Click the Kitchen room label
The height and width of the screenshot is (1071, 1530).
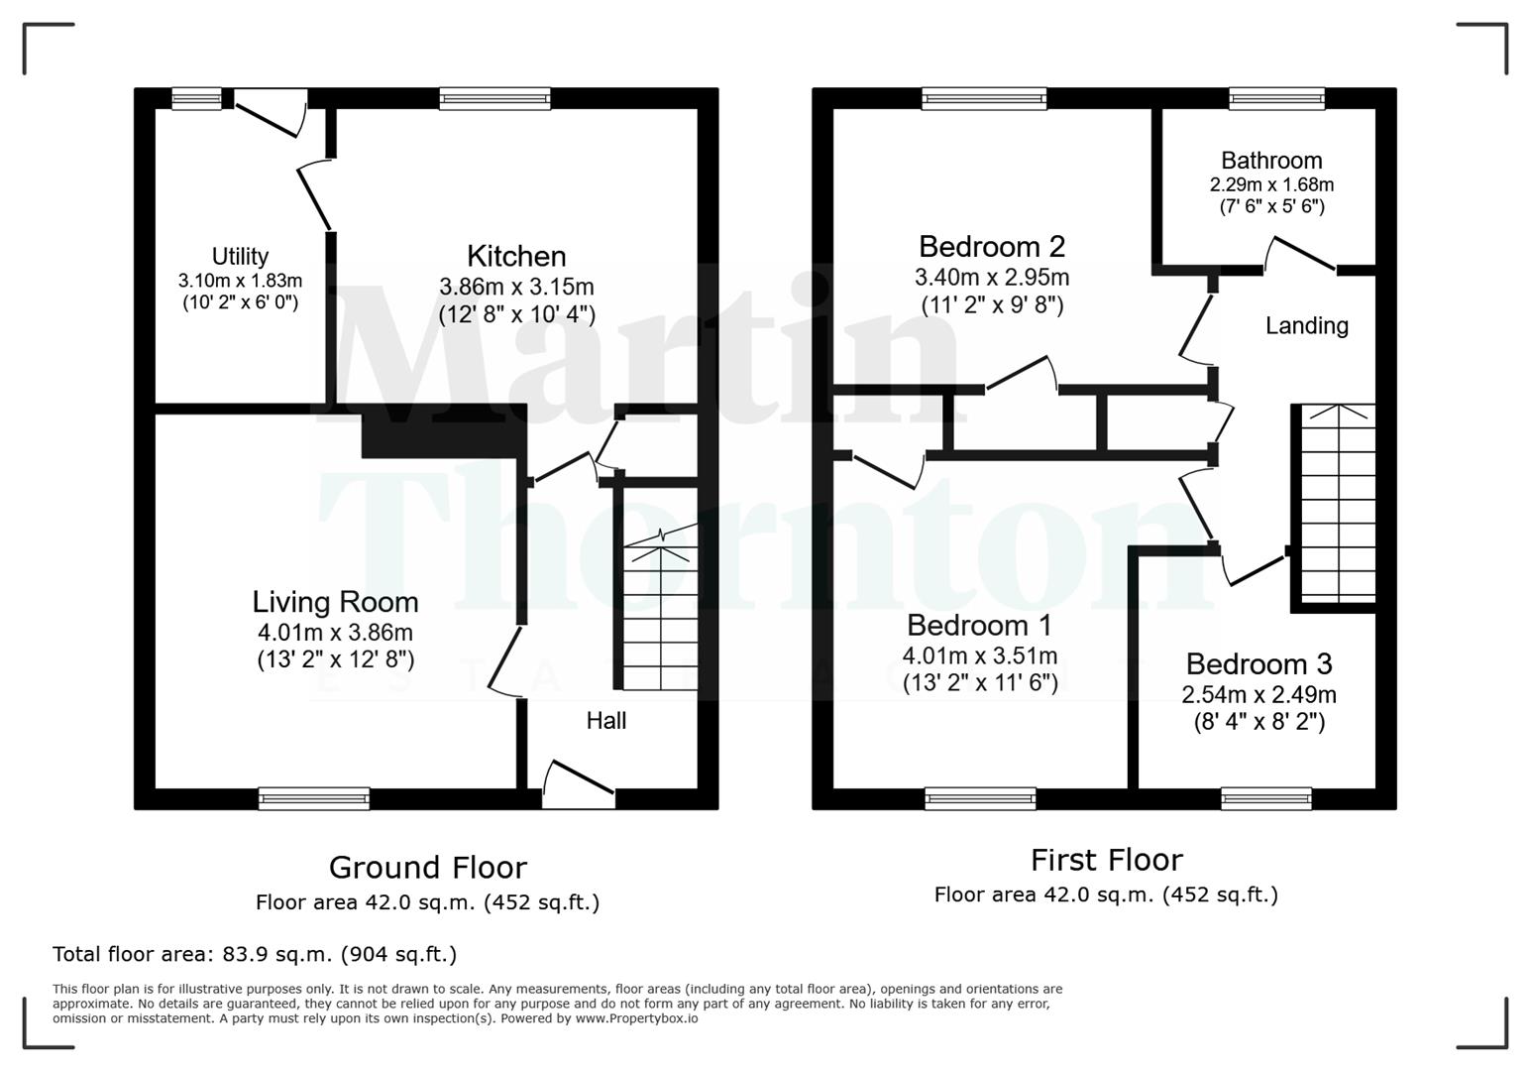[516, 256]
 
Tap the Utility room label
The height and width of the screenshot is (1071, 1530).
[240, 257]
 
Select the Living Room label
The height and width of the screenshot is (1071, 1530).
[335, 602]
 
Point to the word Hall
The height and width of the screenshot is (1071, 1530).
[605, 721]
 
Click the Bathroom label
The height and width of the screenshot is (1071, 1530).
[1271, 161]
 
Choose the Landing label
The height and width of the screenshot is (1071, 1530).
[1306, 325]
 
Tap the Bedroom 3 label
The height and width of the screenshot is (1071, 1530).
[1258, 663]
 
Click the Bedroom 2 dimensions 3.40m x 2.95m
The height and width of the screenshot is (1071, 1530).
[992, 278]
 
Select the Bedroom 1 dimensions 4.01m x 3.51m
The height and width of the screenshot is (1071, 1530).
[979, 656]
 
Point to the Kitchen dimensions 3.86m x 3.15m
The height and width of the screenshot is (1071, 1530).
[516, 288]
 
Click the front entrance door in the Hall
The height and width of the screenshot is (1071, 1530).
[578, 779]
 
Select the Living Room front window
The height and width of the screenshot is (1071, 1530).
[314, 798]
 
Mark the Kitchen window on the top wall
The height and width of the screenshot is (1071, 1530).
[495, 98]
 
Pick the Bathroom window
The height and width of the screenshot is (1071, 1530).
[1276, 98]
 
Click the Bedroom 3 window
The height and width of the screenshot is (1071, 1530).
[1266, 798]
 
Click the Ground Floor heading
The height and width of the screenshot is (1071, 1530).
[427, 868]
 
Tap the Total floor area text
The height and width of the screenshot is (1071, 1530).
[255, 955]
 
